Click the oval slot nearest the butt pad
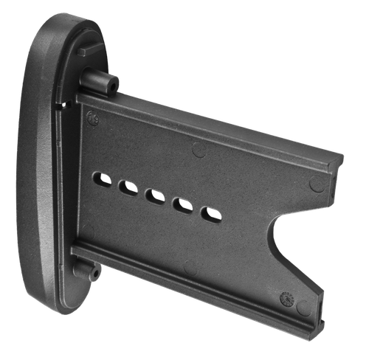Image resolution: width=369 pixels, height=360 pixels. tap(103, 179)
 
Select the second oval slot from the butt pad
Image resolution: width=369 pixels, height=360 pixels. tap(128, 189)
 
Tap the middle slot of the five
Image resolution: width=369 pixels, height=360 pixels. tap(154, 197)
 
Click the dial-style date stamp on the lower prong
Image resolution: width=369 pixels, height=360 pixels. tap(284, 300)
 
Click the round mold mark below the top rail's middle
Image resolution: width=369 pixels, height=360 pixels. tap(199, 150)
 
